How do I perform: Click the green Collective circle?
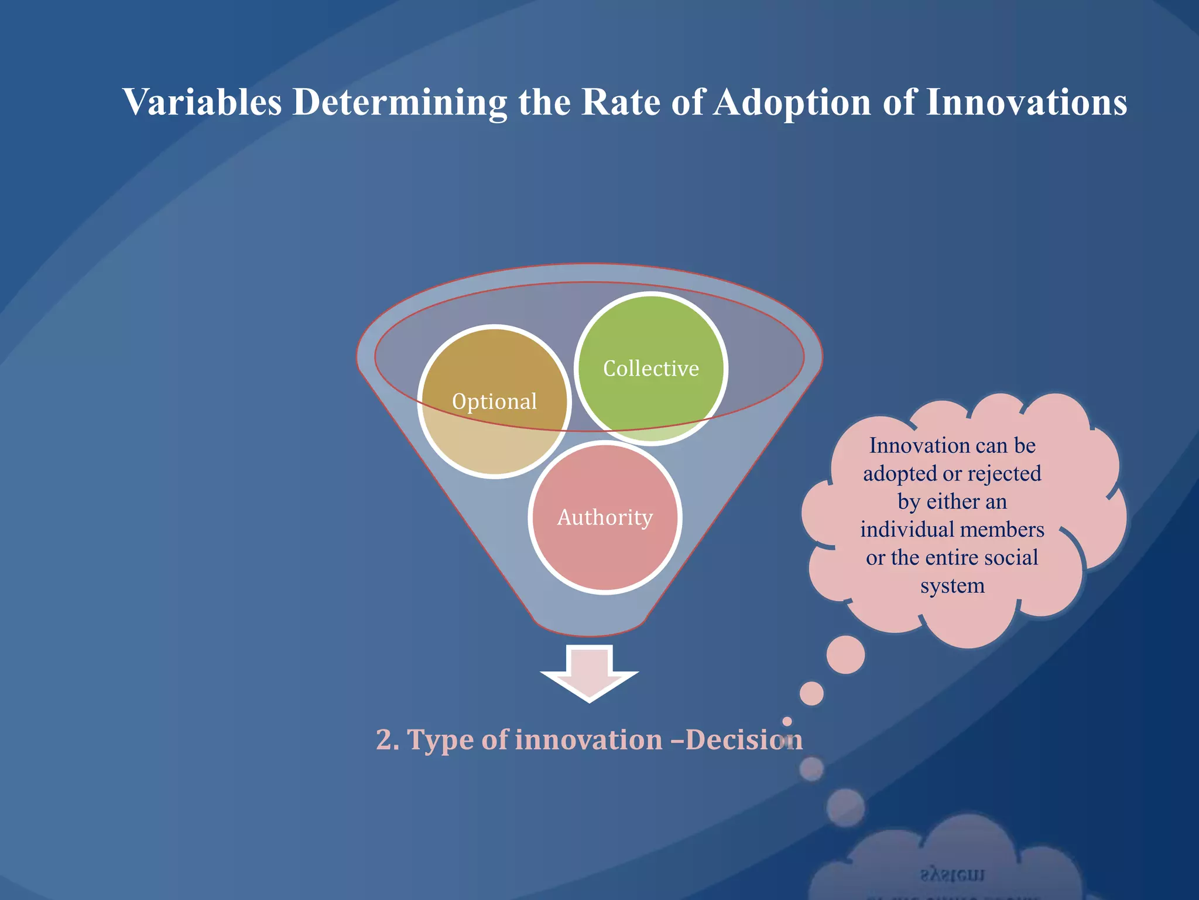pyautogui.click(x=650, y=369)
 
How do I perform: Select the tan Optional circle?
pyautogui.click(x=494, y=402)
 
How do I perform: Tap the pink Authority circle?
pyautogui.click(x=605, y=517)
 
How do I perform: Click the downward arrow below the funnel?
pyautogui.click(x=589, y=674)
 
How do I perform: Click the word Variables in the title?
pyautogui.click(x=203, y=103)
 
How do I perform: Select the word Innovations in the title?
pyautogui.click(x=1026, y=103)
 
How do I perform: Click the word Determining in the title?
pyautogui.click(x=400, y=103)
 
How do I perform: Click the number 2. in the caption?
pyautogui.click(x=388, y=739)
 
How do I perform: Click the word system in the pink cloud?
pyautogui.click(x=952, y=586)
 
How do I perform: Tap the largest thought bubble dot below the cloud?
pyautogui.click(x=845, y=654)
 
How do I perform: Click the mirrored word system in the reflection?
pyautogui.click(x=952, y=875)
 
